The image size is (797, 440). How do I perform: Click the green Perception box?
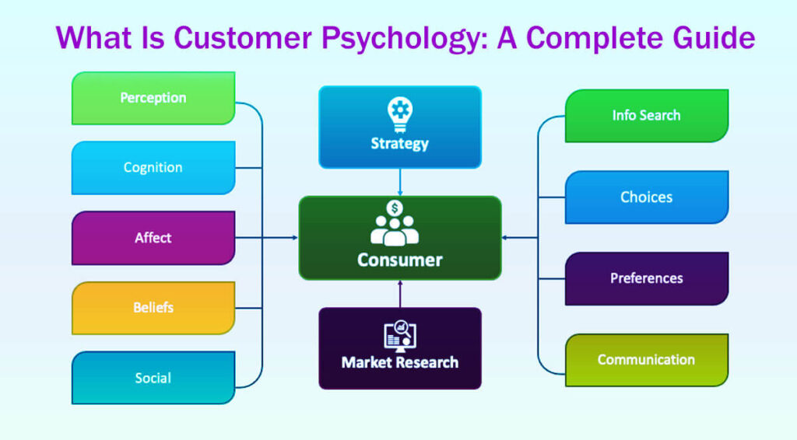153,98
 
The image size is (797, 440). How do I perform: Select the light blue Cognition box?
153,168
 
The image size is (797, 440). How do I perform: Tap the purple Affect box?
153,238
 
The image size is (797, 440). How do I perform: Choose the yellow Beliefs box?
153,308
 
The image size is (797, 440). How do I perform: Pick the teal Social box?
153,378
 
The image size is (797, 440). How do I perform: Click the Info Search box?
646,116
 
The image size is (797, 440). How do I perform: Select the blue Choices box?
646,197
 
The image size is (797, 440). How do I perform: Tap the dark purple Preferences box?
646,278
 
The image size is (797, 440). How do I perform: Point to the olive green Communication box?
646,360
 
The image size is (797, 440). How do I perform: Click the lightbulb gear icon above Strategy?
400,113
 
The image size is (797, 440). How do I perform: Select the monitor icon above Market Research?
400,337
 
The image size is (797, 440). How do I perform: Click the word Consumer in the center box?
399,260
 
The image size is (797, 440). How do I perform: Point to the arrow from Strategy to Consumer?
400,183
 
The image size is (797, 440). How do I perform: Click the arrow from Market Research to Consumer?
400,293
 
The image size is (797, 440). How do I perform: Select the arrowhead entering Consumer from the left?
295,238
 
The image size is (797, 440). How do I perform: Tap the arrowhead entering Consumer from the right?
505,238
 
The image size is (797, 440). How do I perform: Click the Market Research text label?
400,362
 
